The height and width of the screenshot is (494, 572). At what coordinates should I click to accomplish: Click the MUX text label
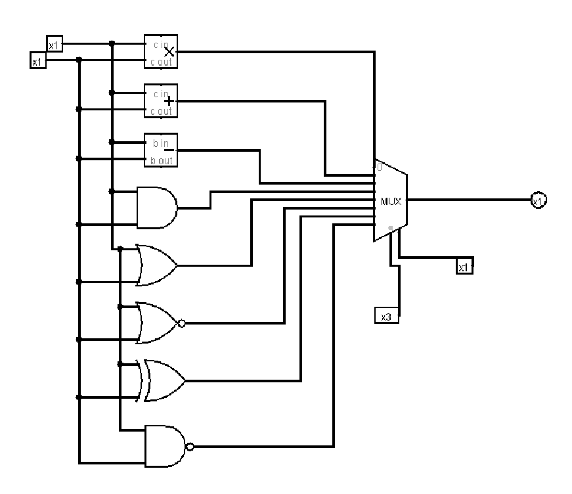click(x=391, y=200)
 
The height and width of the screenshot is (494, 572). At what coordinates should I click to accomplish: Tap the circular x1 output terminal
click(x=538, y=200)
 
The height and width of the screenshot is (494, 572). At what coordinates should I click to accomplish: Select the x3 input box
click(x=386, y=316)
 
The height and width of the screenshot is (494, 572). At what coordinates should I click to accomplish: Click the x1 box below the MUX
click(x=464, y=267)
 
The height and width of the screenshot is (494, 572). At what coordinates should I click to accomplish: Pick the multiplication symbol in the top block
click(x=169, y=51)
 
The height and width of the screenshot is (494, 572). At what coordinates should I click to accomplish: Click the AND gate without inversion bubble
click(x=156, y=208)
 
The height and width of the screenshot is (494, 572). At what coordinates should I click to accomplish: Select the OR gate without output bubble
click(x=156, y=265)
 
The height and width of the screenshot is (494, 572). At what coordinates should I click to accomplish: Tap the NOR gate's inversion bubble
click(x=182, y=323)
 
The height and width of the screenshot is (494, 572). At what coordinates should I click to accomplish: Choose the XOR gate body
click(x=163, y=380)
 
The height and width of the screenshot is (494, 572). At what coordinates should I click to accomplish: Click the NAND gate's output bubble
click(x=190, y=447)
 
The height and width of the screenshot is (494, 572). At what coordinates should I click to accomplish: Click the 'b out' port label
click(x=158, y=160)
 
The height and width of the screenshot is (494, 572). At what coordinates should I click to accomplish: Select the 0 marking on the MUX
click(x=379, y=168)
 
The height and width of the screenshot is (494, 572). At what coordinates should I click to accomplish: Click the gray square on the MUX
click(x=391, y=228)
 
